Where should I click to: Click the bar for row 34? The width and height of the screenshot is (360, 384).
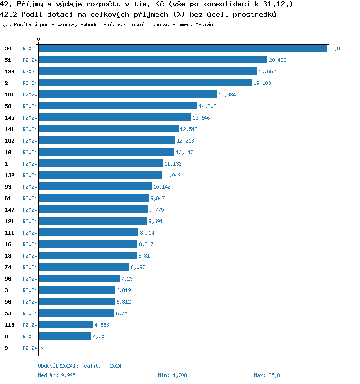182,48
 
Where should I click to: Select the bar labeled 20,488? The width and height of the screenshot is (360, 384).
153,60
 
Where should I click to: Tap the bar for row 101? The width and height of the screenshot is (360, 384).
128,95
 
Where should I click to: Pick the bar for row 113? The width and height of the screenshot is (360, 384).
66,325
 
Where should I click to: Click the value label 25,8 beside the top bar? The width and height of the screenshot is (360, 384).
334,48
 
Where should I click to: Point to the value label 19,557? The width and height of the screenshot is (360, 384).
267,72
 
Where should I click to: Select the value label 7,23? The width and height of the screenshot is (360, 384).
127,279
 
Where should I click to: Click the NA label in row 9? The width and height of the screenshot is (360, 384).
43,348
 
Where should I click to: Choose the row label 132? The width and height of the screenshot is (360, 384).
10,175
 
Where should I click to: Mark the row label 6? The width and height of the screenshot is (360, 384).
6,336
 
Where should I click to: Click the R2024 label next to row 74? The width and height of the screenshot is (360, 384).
30,267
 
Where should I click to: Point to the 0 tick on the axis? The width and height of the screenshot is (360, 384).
39,39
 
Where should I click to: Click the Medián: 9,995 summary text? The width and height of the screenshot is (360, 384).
57,375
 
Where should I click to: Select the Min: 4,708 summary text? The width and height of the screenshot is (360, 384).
172,375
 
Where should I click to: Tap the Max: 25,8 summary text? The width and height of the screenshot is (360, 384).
267,375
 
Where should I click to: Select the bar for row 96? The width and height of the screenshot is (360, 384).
79,279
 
